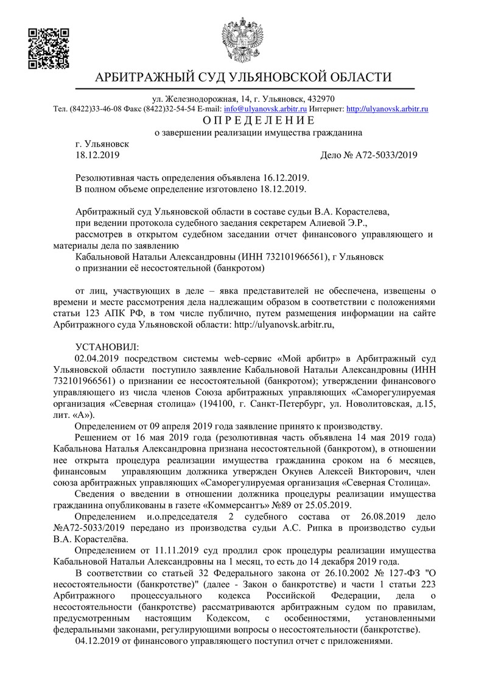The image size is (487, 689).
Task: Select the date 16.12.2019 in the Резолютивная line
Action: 286,177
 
